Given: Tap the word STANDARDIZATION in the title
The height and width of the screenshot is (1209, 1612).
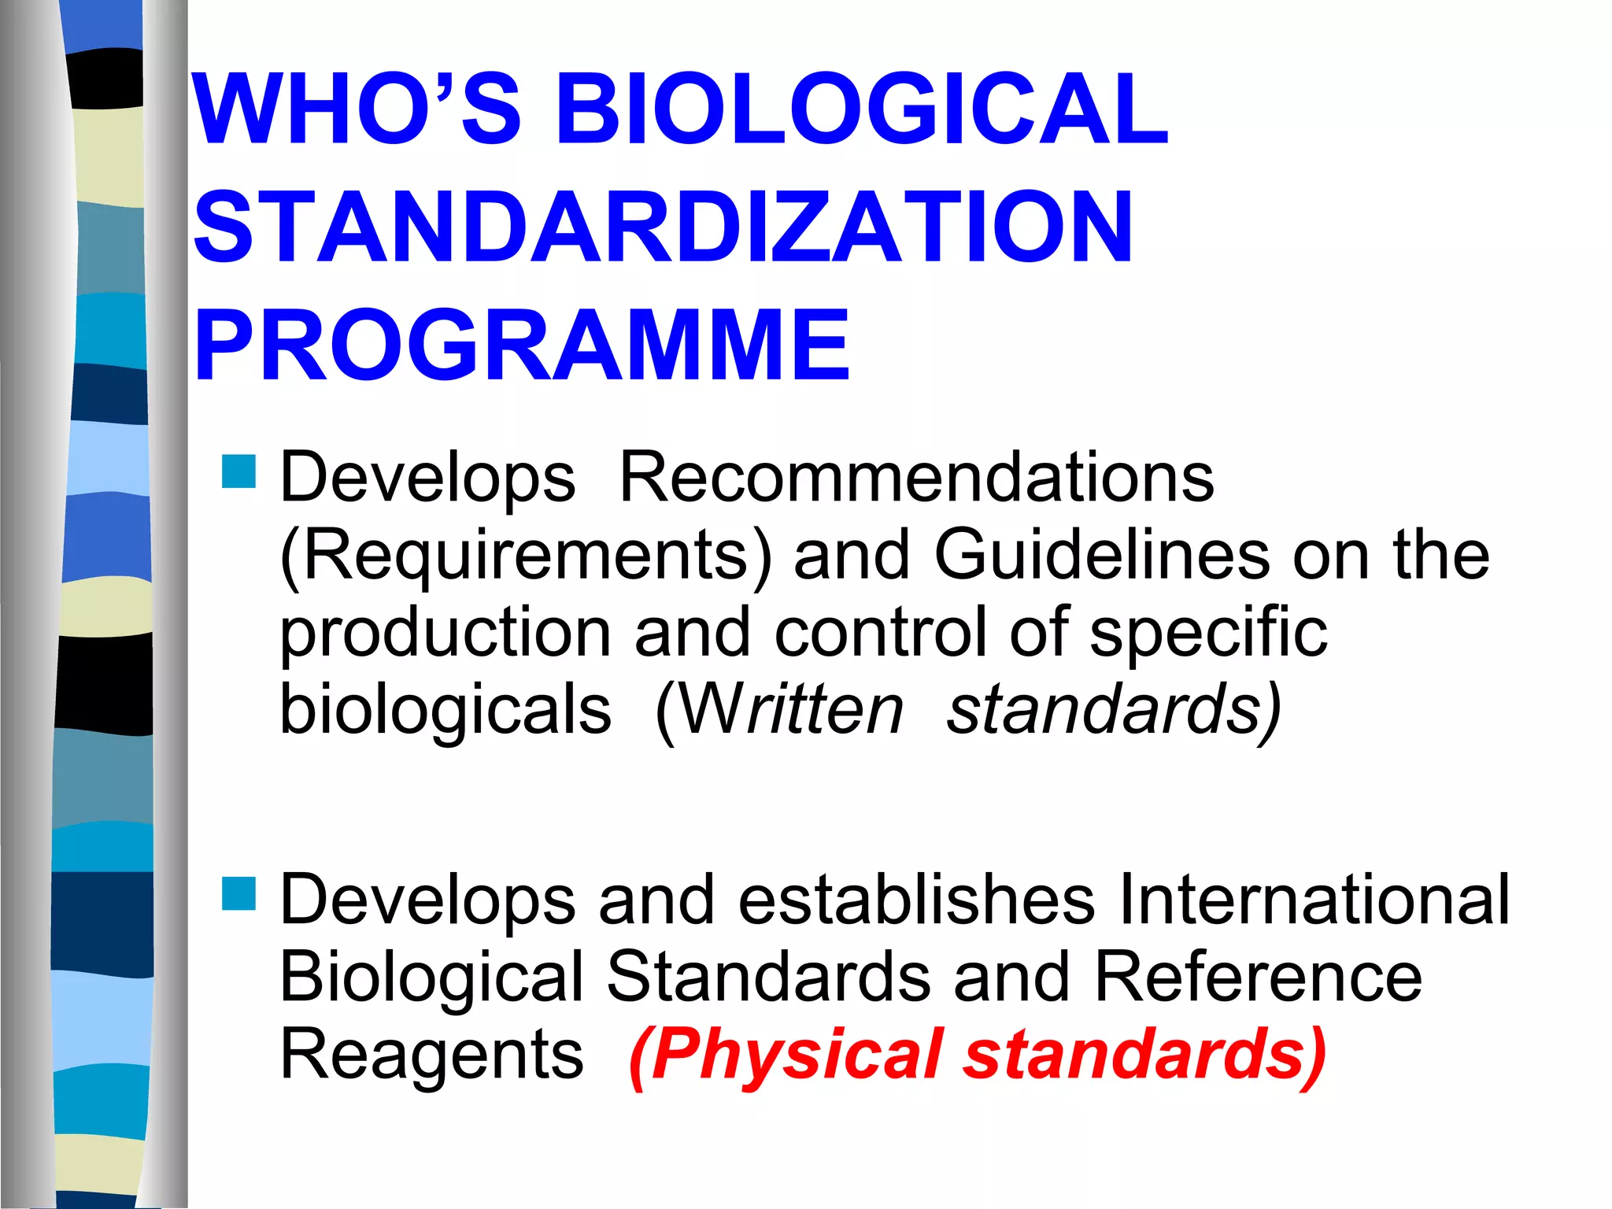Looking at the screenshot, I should [x=663, y=228].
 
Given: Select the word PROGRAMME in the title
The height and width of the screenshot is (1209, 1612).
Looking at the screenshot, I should [x=522, y=346].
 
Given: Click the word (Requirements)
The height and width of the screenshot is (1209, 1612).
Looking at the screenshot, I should [x=526, y=555].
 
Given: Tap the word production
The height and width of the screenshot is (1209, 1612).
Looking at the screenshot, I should [x=446, y=634].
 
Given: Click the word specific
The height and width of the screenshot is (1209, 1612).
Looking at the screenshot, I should [x=1208, y=634].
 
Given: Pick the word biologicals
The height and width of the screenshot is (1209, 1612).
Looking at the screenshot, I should [x=446, y=708].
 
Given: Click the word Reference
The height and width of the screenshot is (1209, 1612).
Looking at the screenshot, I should [x=1257, y=976].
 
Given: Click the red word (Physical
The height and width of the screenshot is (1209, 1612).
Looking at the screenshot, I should [x=787, y=1055].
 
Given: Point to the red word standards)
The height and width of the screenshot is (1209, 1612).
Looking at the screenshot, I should [x=1145, y=1055].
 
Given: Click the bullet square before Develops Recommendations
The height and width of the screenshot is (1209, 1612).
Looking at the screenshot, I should [x=239, y=471].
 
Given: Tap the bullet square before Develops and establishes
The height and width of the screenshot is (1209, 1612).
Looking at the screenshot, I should [x=239, y=893].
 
